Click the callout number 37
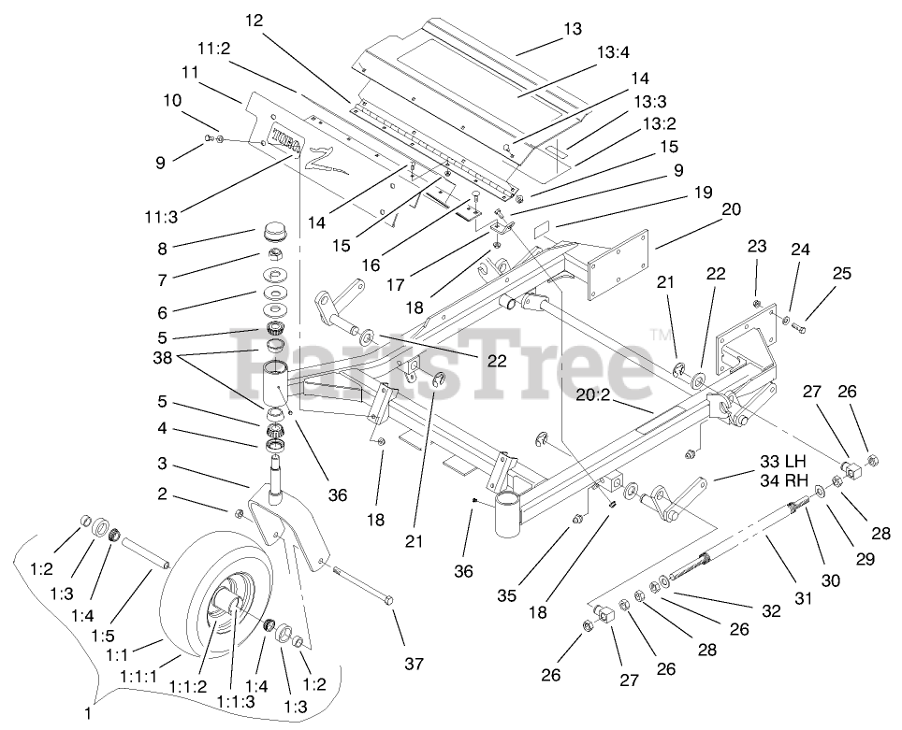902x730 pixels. (414, 665)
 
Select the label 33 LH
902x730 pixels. (782, 461)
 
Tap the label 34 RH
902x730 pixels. (782, 481)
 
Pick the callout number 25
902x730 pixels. (841, 274)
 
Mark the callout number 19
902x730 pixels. (703, 194)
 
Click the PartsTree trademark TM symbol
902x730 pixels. (661, 334)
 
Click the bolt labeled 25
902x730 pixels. (807, 328)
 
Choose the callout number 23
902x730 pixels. (757, 248)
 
